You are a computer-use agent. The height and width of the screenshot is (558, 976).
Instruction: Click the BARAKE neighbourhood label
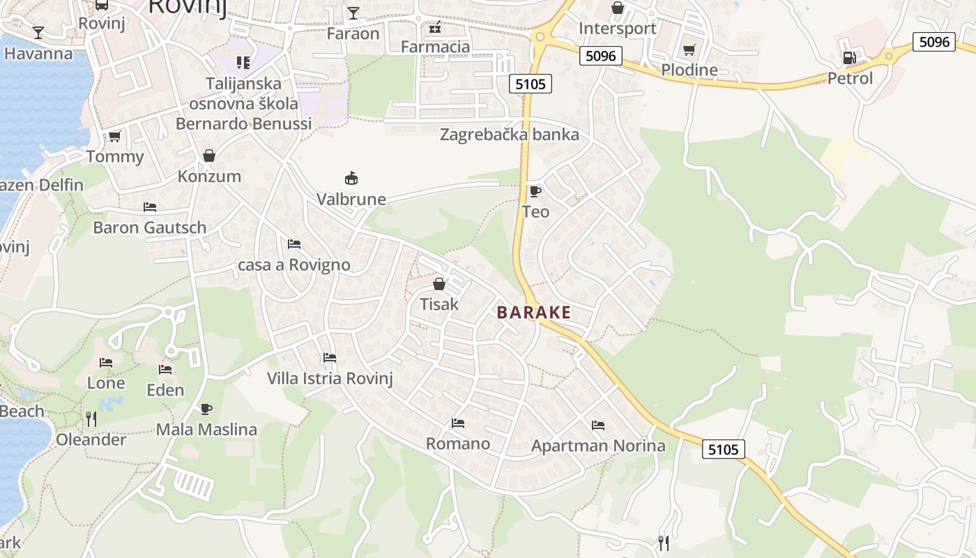(534, 312)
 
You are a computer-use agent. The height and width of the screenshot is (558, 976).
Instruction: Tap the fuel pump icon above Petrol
(849, 58)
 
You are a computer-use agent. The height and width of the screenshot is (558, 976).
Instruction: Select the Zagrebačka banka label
(510, 135)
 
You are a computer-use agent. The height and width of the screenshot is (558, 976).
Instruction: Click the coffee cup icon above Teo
(535, 191)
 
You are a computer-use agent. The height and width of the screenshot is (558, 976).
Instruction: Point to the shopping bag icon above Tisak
(439, 284)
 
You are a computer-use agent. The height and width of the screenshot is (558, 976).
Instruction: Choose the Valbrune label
(351, 199)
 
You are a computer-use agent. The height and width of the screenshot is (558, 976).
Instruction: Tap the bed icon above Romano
(458, 423)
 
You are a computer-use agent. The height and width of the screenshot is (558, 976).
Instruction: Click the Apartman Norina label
(598, 446)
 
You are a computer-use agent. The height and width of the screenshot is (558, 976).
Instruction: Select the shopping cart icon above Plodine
(689, 50)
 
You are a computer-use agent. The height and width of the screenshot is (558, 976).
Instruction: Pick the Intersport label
(618, 29)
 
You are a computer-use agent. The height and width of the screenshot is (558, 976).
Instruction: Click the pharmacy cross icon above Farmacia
(436, 27)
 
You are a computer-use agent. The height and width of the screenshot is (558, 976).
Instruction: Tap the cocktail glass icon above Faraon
(353, 13)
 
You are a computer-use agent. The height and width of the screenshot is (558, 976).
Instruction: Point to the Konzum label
(209, 176)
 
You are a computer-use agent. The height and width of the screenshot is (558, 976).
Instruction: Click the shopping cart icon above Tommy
(115, 136)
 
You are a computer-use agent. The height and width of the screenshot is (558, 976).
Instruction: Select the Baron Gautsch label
(150, 227)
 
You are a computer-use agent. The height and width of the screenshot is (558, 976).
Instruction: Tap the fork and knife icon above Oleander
(91, 418)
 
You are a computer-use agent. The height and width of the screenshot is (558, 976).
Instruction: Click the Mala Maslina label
(206, 430)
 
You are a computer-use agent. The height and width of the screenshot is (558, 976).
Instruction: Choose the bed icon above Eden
(165, 370)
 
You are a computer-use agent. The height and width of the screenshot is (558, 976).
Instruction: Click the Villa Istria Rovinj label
(330, 379)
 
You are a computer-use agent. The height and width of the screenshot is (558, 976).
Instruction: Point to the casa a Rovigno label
(294, 265)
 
